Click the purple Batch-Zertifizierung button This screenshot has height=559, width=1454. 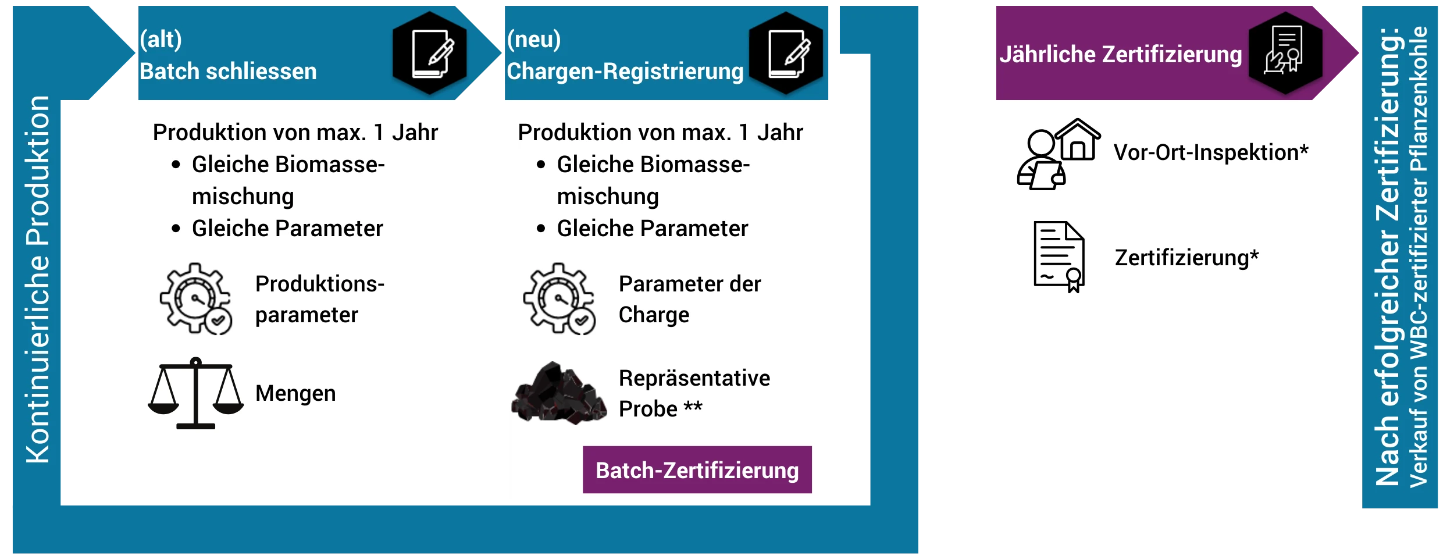click(697, 470)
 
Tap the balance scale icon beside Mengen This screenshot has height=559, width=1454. click(195, 393)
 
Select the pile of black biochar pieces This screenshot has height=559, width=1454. click(558, 394)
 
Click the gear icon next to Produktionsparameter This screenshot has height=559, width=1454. click(196, 298)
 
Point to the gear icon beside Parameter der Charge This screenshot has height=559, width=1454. click(559, 298)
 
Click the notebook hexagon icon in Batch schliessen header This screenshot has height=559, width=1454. click(430, 53)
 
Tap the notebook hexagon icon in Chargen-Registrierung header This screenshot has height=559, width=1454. click(786, 53)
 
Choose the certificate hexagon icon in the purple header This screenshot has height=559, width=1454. click(1285, 53)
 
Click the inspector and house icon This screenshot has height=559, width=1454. click(1058, 154)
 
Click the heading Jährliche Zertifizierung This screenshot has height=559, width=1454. click(1121, 54)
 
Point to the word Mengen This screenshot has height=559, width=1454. click(295, 393)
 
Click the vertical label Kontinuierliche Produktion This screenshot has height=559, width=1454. click(38, 279)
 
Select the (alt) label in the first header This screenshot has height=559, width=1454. click(161, 39)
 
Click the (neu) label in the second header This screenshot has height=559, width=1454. click(534, 39)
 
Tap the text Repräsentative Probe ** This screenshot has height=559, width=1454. click(694, 393)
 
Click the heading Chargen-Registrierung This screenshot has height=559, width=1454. click(625, 71)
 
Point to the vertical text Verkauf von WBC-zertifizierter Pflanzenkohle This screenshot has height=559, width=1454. click(1419, 256)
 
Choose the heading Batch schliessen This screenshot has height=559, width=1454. click(228, 71)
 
